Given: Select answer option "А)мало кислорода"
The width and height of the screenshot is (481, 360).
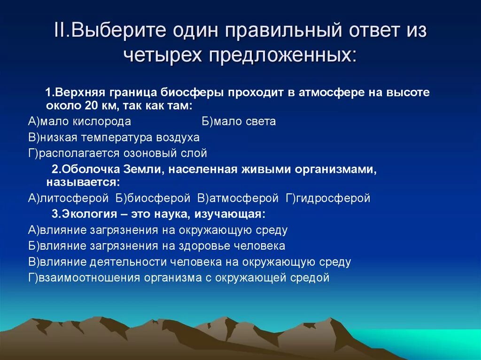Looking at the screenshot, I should (x=79, y=122).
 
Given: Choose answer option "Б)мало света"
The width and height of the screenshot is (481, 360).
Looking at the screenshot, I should (x=239, y=122).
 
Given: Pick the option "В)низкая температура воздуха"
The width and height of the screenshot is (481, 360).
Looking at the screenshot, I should (x=114, y=138).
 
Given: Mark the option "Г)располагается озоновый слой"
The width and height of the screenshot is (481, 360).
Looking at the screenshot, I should (x=117, y=153).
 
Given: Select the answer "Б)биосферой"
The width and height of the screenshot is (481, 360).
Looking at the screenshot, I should (x=153, y=198).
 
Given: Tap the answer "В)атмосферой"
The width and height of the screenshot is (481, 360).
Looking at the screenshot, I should (x=238, y=198).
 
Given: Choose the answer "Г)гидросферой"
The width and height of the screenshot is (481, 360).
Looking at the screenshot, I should (x=328, y=198).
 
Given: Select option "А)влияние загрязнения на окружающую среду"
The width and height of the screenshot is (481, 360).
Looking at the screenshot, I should (x=158, y=230).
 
